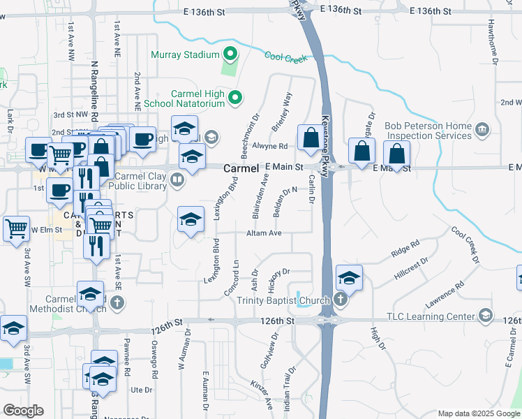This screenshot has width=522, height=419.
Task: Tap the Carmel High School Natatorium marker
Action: tap(236, 98)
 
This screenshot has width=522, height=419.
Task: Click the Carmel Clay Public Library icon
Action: tap(178, 182)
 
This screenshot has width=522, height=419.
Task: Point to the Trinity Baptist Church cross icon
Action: tap(340, 301)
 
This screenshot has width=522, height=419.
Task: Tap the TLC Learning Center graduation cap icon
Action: tap(484, 315)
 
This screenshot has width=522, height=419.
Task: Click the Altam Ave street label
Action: tap(263, 233)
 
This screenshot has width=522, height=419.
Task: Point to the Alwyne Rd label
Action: tap(270, 146)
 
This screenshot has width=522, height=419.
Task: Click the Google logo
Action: tap(23, 411)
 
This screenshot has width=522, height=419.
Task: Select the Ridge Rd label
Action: tap(405, 249)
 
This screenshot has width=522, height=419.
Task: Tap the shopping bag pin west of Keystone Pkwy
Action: tap(309, 138)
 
